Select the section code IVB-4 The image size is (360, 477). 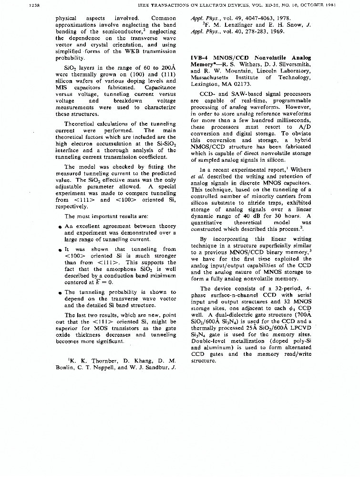coord(201,58)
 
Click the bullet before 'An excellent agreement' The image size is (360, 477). coord(59,227)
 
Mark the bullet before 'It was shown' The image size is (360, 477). coord(59,249)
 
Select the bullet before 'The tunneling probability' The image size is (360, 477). coord(59,292)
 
